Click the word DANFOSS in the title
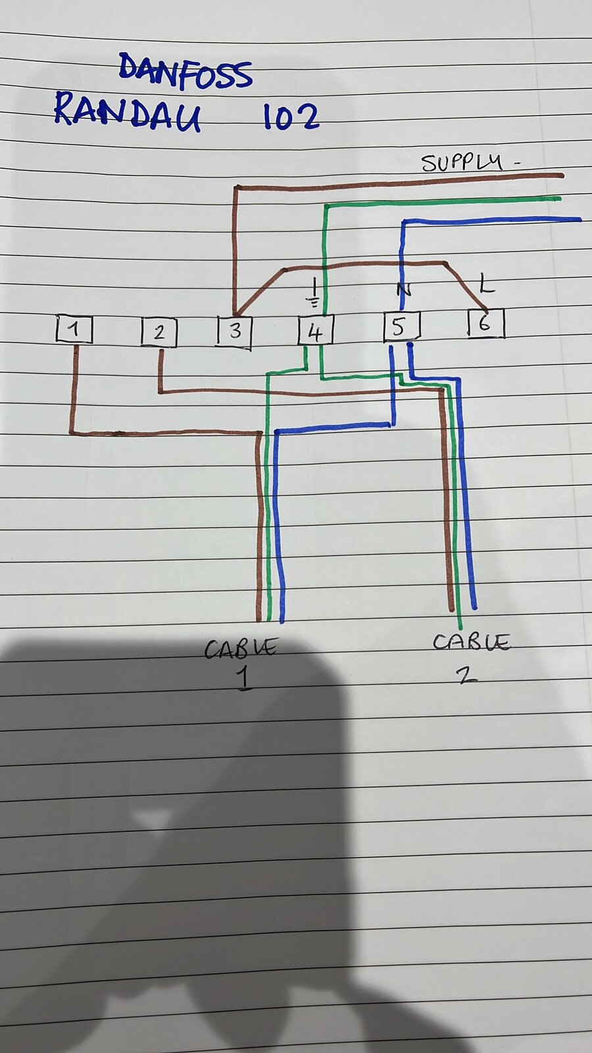pyautogui.click(x=185, y=71)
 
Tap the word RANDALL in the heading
pyautogui.click(x=128, y=112)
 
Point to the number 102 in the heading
pyautogui.click(x=291, y=116)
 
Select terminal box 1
pyautogui.click(x=74, y=329)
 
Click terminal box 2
pyautogui.click(x=159, y=332)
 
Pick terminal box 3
pyautogui.click(x=235, y=332)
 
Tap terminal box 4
pyautogui.click(x=316, y=330)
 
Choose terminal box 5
pyautogui.click(x=402, y=326)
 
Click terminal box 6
pyautogui.click(x=486, y=323)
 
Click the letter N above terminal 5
pyautogui.click(x=403, y=289)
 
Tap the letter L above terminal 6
pyautogui.click(x=487, y=284)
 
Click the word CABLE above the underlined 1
pyautogui.click(x=241, y=648)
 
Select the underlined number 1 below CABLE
pyautogui.click(x=243, y=679)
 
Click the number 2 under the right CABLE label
pyautogui.click(x=466, y=675)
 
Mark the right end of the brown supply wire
pyautogui.click(x=562, y=176)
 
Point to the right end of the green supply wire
pyautogui.click(x=559, y=198)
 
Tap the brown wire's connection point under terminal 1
pyautogui.click(x=76, y=347)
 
